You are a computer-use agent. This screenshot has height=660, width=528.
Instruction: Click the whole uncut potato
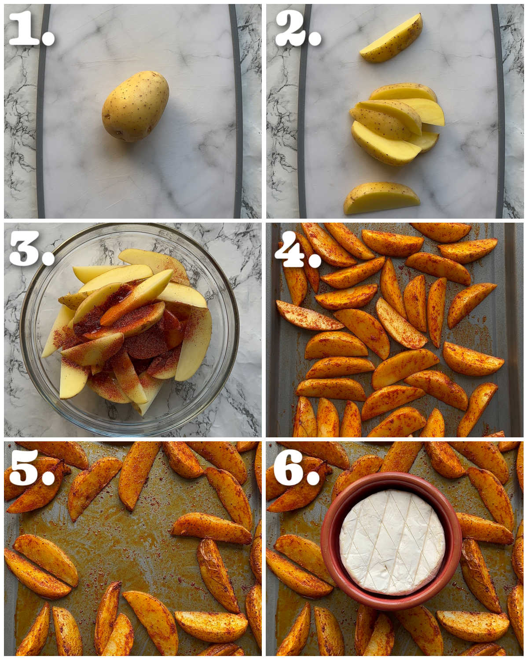click(x=136, y=106)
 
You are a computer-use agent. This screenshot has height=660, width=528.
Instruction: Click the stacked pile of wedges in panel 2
click(x=396, y=123)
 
